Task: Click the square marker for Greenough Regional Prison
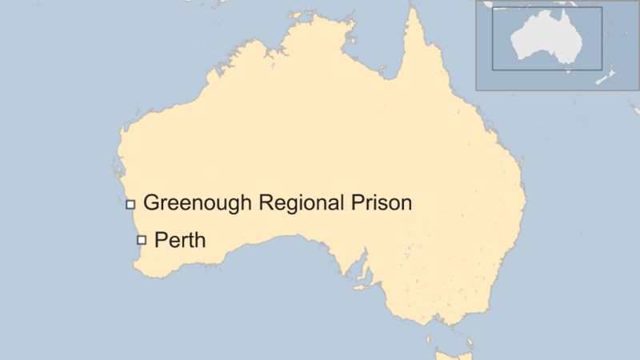tap(130, 204)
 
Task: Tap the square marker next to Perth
tap(142, 239)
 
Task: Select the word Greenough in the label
tap(198, 203)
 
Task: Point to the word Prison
tap(382, 202)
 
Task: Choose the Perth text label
tap(180, 238)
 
